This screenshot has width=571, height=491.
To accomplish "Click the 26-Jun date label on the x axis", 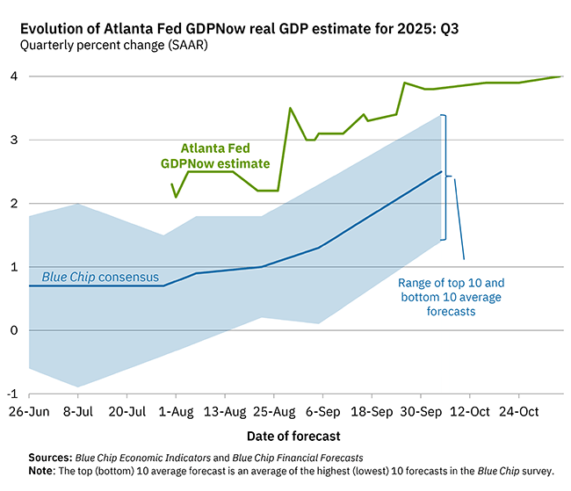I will click(x=30, y=411).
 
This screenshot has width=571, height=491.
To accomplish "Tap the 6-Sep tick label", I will click(x=322, y=411).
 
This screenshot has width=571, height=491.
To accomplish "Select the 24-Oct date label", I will click(x=518, y=411).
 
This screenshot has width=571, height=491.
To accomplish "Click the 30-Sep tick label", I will click(x=420, y=411).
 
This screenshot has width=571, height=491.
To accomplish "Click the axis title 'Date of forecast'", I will click(x=293, y=436).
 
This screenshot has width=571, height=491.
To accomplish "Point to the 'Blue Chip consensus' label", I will click(x=100, y=277).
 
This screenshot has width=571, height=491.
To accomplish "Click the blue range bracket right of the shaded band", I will click(x=445, y=177).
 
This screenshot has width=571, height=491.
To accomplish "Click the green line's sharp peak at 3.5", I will click(x=290, y=108).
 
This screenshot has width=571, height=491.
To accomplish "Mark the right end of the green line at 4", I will click(x=561, y=76).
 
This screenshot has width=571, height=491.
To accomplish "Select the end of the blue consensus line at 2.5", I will click(x=441, y=172).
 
